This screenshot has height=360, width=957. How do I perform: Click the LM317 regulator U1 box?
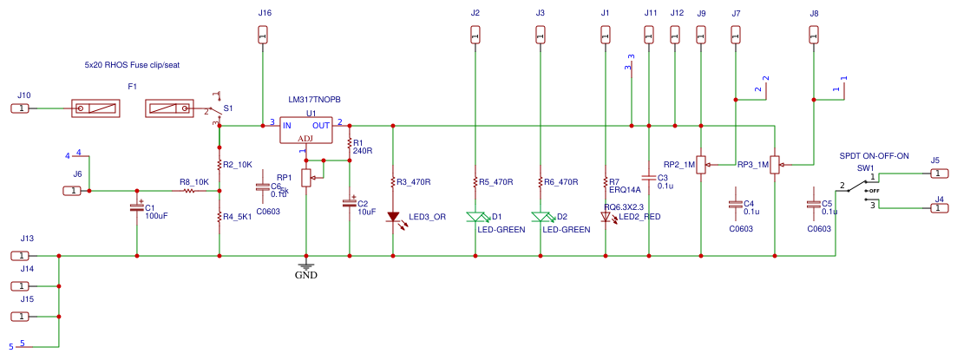pos(306,131)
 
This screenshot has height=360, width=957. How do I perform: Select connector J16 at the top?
pos(265,35)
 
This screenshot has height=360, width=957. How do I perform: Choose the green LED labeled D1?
pos(475,217)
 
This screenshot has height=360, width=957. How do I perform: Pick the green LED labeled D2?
pos(541,217)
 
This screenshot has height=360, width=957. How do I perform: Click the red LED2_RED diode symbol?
pos(606,218)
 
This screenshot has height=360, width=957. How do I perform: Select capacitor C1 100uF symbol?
pos(137,207)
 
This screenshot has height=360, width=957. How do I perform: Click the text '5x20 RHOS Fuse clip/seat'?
pos(131,65)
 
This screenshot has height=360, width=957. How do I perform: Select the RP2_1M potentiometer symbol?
pos(701,163)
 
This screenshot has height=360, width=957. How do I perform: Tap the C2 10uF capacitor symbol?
pos(350,203)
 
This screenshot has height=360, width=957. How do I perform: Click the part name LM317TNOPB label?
pos(320,100)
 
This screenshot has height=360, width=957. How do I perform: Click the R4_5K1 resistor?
pos(220,217)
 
